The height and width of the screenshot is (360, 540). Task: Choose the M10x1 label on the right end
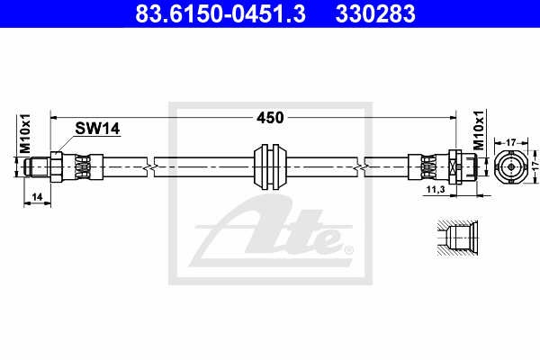(x=479, y=132)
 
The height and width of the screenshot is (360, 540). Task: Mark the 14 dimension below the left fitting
(x=35, y=195)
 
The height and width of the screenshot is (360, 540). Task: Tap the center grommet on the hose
(x=270, y=166)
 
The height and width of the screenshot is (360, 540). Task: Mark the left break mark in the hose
(x=149, y=166)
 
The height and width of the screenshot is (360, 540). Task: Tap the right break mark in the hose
(x=360, y=166)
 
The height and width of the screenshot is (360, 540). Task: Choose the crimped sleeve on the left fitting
(x=81, y=166)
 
